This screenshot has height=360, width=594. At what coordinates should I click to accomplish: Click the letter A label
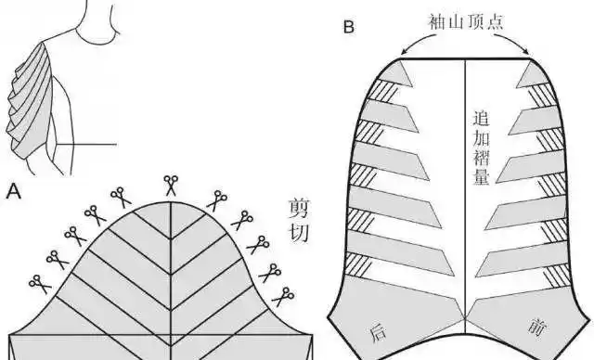(x=14, y=193)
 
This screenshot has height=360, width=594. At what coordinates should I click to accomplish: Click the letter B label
(x=348, y=26)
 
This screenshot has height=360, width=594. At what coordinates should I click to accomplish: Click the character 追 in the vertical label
(x=481, y=119)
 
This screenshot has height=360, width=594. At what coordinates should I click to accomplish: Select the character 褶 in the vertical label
(x=481, y=157)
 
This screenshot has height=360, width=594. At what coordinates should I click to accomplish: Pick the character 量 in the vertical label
(x=481, y=176)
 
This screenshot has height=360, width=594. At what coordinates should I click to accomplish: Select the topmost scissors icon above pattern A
(x=171, y=184)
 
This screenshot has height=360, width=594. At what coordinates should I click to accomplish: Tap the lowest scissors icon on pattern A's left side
(x=38, y=281)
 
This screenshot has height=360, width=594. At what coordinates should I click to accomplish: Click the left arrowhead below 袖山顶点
(x=402, y=53)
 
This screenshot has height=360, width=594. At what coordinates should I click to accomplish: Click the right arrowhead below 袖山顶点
(x=530, y=53)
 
